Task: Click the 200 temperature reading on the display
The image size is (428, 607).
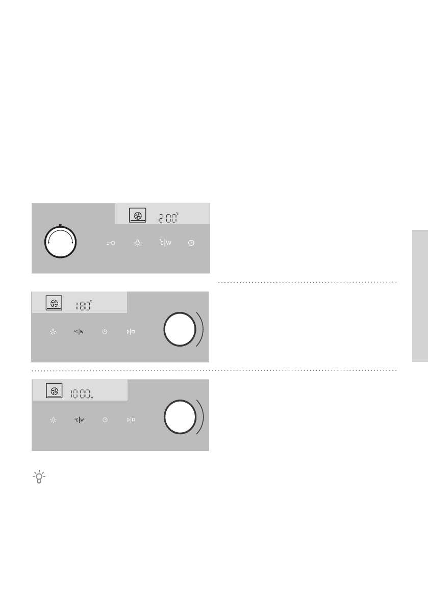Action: pos(168,218)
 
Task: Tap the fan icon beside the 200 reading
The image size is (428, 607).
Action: pos(138,215)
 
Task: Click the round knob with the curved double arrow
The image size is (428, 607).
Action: pos(60,242)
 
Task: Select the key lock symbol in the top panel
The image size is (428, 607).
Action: pos(111,243)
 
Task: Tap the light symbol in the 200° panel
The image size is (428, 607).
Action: pos(138,243)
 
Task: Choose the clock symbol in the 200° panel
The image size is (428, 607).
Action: pos(191,243)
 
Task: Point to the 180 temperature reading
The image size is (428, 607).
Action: pos(84,305)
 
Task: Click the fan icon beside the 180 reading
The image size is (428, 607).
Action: pos(54,303)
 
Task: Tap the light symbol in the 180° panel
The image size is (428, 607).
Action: pos(53,332)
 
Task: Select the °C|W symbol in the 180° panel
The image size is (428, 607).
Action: pos(79,332)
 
